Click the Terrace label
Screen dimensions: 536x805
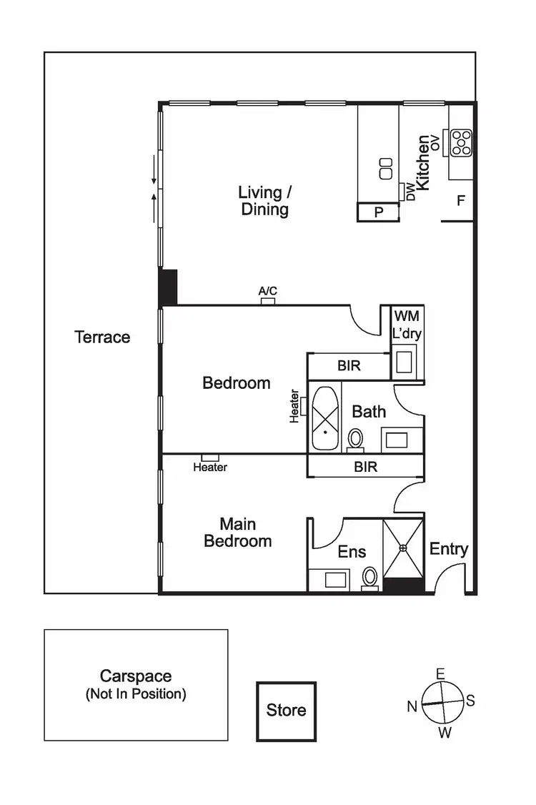102,337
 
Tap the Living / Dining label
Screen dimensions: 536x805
264,201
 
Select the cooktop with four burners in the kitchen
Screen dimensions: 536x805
461,142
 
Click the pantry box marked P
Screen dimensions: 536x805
378,212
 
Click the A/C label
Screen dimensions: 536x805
268,292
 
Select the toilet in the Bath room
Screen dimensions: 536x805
355,438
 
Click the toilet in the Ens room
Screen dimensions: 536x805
370,576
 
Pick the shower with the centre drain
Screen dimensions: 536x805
403,548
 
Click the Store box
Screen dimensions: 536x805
286,711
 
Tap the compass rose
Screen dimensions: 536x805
441,703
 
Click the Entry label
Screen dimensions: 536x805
449,549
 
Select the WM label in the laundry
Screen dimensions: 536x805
407,316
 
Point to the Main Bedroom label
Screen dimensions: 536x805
237,533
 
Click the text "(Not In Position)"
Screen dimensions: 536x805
136,693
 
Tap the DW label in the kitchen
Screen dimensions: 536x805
410,191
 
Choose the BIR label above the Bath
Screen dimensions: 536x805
349,366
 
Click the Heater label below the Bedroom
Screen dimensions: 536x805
210,468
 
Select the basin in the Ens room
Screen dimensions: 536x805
335,579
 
